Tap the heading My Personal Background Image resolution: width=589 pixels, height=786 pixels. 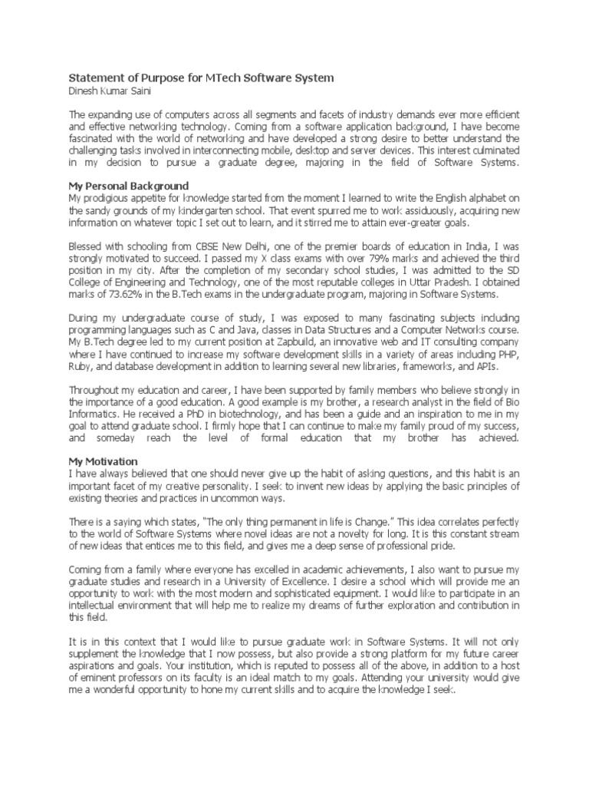[x=129, y=186]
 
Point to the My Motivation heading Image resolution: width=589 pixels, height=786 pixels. [x=104, y=461]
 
